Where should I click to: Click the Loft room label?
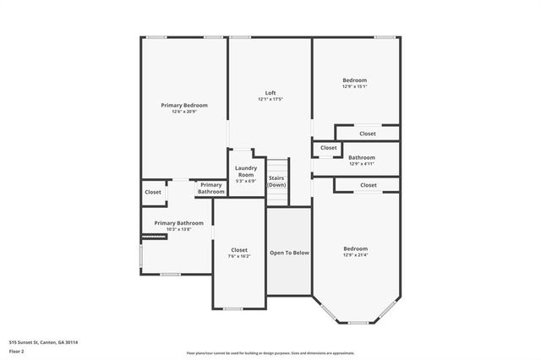(x=270, y=93)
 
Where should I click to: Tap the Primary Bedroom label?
(x=184, y=106)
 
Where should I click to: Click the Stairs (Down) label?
(x=277, y=181)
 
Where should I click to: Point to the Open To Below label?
(x=290, y=253)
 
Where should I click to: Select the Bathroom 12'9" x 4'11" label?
(x=362, y=160)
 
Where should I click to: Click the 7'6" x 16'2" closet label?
(x=239, y=253)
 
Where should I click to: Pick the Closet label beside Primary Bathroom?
(x=153, y=192)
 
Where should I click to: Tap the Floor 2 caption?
(x=17, y=351)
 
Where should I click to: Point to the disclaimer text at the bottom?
(x=270, y=353)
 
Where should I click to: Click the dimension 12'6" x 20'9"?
(x=184, y=112)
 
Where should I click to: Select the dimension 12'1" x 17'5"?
(x=270, y=99)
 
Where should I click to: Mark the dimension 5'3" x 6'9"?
(x=246, y=181)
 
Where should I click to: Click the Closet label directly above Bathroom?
(x=368, y=134)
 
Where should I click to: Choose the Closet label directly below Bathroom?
(x=368, y=185)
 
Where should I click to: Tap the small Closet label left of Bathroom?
(x=327, y=150)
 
